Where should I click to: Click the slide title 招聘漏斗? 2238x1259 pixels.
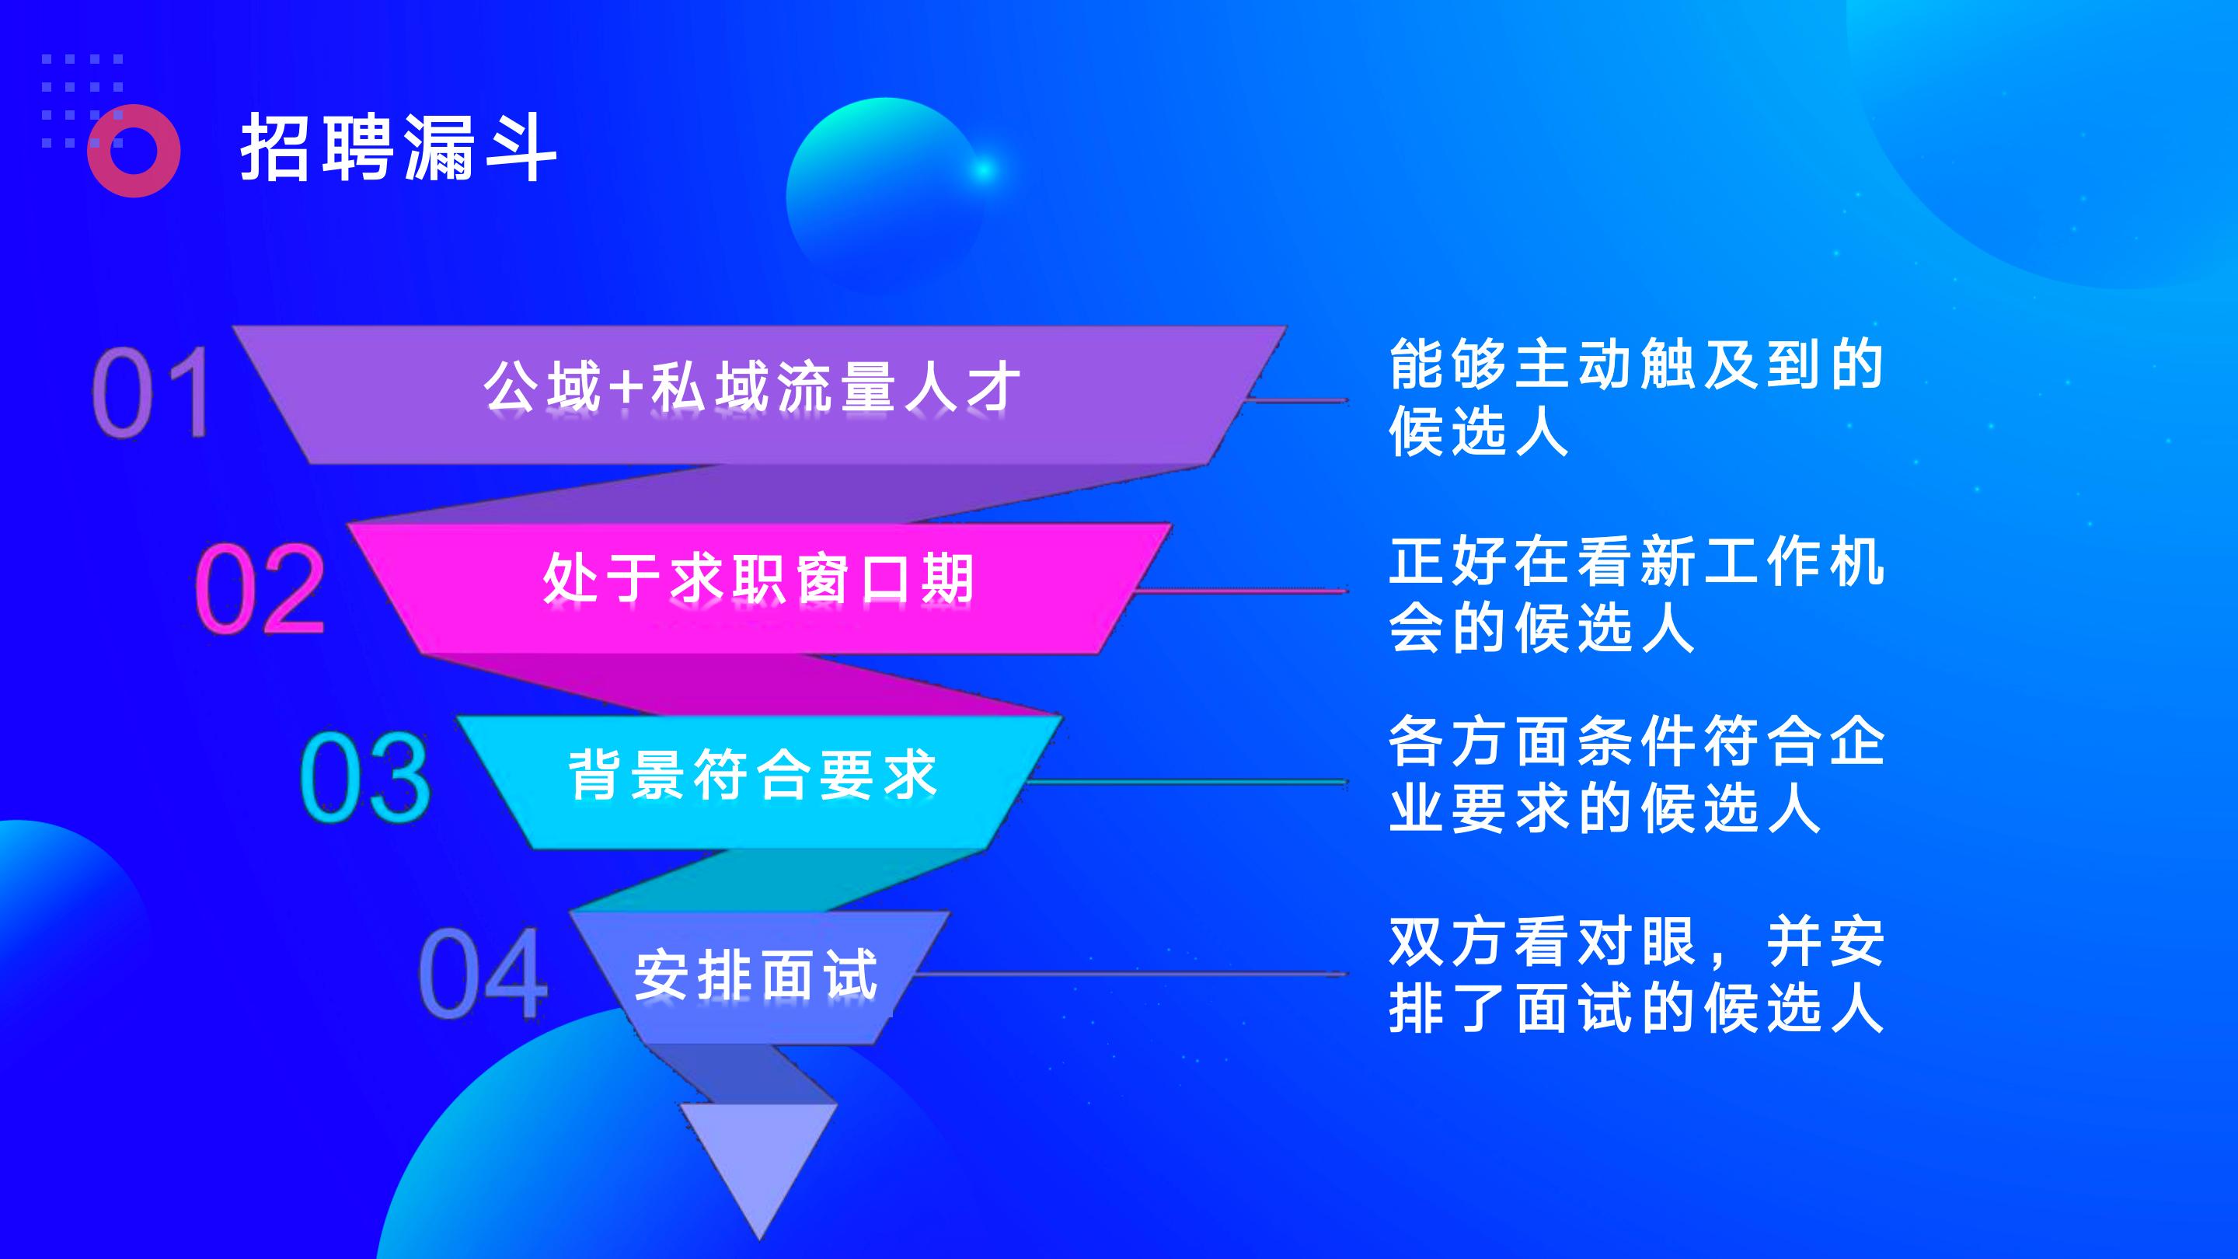[x=398, y=148]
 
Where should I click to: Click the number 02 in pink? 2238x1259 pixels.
[x=259, y=588]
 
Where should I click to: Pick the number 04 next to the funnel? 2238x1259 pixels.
[x=483, y=972]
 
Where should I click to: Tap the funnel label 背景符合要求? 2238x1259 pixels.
[x=753, y=773]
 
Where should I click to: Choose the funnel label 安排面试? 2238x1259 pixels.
[x=756, y=974]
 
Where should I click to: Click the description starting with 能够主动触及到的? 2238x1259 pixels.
[x=1635, y=398]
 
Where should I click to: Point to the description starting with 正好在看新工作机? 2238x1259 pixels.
[x=1635, y=595]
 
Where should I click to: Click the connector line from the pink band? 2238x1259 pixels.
[x=1243, y=591]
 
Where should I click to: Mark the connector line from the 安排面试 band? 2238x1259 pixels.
[x=1129, y=974]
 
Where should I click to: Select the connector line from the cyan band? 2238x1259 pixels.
[x=1187, y=782]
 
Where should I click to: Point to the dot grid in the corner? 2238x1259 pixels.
[x=82, y=101]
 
